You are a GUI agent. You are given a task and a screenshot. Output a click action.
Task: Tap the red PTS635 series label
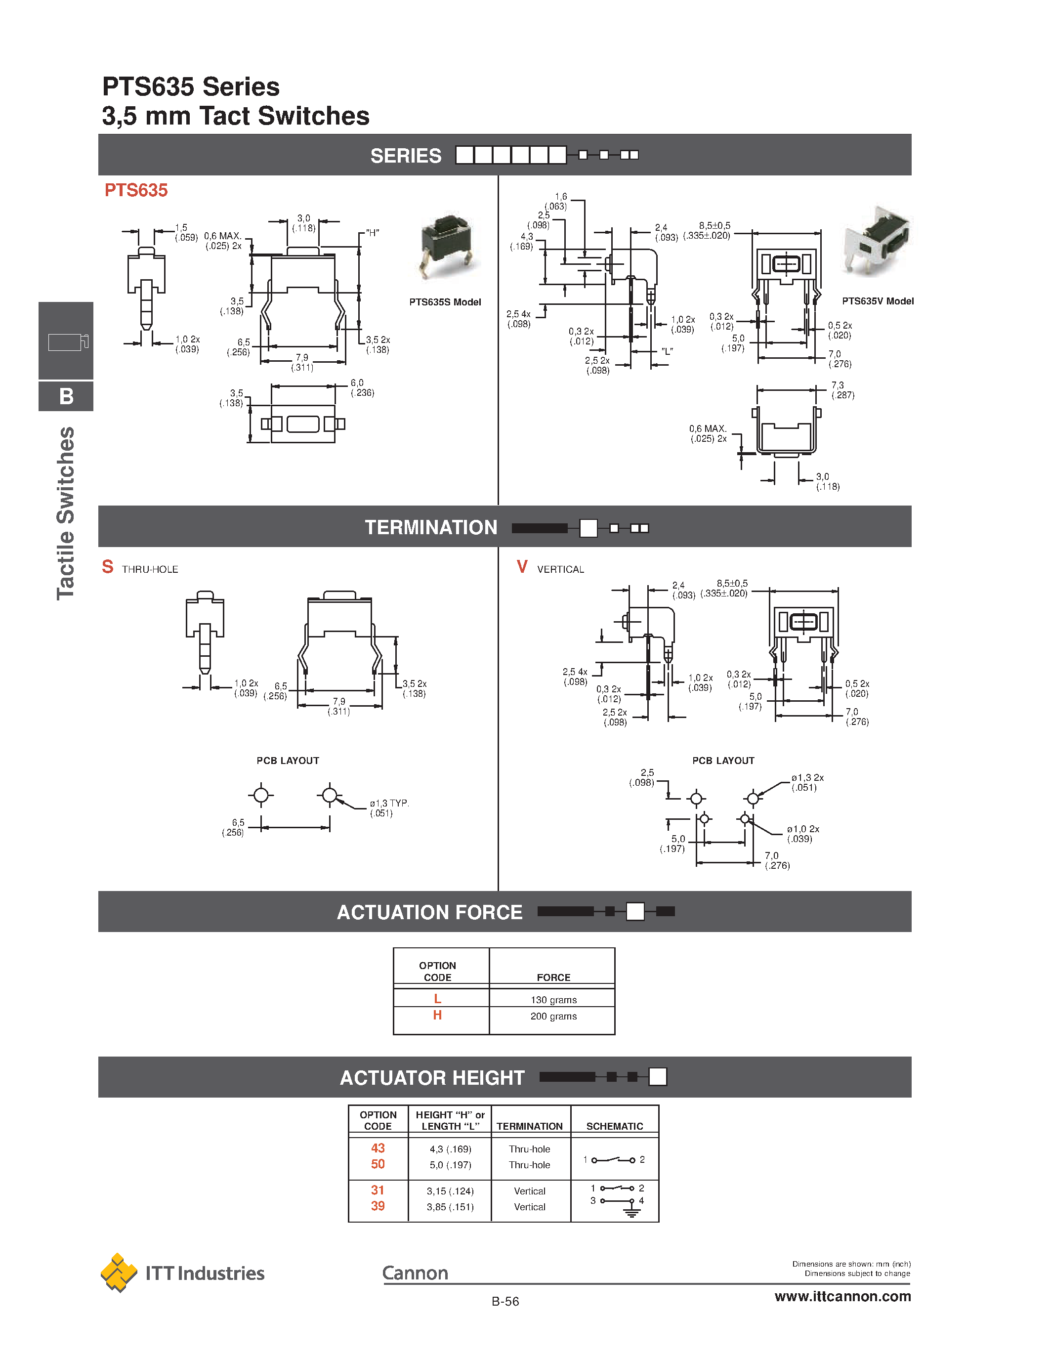(135, 190)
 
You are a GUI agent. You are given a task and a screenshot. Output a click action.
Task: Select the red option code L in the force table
(437, 999)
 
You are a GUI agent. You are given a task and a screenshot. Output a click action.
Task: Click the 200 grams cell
(553, 1016)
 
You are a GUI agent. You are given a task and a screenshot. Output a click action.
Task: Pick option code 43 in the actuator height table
(378, 1148)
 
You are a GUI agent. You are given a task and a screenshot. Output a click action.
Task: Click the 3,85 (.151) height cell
(450, 1207)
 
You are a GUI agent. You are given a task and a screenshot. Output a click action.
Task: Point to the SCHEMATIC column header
(615, 1126)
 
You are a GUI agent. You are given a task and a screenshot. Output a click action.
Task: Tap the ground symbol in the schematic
(632, 1212)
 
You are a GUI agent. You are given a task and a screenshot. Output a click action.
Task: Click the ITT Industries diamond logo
(119, 1273)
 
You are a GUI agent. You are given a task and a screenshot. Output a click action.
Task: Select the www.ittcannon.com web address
(842, 1296)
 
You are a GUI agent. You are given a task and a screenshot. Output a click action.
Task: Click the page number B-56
(504, 1301)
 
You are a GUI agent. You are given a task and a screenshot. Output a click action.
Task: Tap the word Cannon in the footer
(415, 1273)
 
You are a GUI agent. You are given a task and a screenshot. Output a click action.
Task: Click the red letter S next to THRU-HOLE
(108, 567)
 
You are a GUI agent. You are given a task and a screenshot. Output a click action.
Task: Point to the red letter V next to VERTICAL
(522, 567)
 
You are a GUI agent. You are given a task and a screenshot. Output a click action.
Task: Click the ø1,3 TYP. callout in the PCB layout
(389, 807)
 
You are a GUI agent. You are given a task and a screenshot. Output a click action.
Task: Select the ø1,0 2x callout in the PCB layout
(802, 834)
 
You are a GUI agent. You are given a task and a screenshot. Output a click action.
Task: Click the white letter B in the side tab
(66, 396)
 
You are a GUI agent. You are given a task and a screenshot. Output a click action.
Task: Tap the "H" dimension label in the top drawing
(372, 233)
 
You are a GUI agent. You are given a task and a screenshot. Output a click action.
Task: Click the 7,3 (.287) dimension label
(842, 390)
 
